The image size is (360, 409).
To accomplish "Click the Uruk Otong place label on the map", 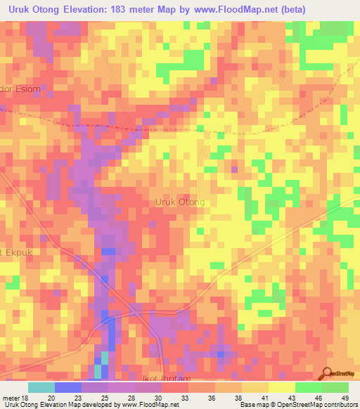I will [x=179, y=202].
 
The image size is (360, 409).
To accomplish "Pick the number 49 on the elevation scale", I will [x=344, y=397].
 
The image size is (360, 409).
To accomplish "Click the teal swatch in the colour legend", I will [x=41, y=387].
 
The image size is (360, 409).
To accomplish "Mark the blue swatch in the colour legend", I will [x=68, y=387].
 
